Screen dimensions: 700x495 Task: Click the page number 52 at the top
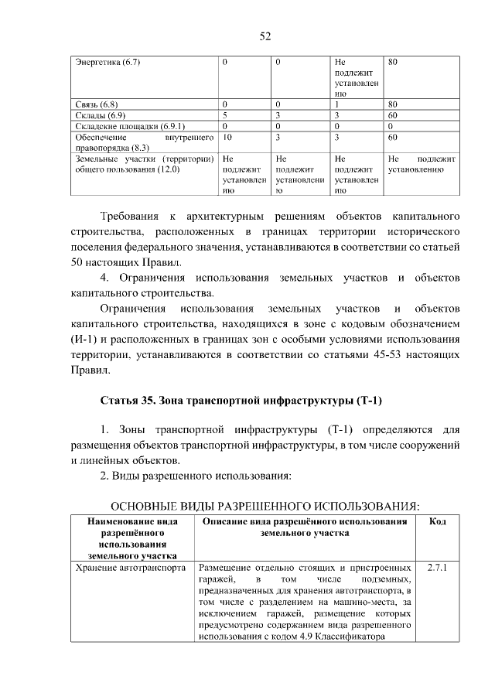point(264,36)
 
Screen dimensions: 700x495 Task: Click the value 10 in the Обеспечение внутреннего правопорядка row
point(227,137)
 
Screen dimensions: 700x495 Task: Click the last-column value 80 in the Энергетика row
point(393,62)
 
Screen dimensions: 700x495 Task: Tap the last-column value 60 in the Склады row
point(393,114)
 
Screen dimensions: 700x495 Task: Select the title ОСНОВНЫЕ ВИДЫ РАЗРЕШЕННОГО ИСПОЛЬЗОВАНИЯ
point(265,506)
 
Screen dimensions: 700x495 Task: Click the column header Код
point(436,522)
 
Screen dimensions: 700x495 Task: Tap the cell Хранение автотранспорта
point(130,568)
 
